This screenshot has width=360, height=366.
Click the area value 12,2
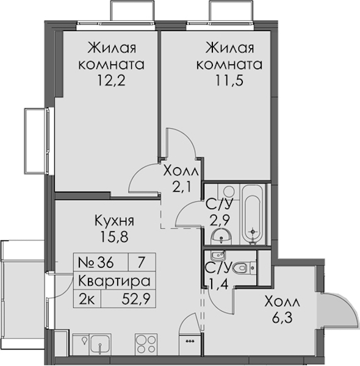(112, 81)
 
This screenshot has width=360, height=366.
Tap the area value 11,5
(229, 81)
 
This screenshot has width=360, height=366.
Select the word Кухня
(114, 221)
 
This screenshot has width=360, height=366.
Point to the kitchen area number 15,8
(114, 237)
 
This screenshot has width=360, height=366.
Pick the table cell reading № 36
(96, 262)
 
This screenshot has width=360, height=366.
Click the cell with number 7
(141, 262)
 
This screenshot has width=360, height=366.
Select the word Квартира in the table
(114, 281)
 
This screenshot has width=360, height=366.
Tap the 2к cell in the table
(87, 300)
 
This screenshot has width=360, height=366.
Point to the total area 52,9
(135, 300)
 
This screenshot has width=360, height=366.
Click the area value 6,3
(283, 318)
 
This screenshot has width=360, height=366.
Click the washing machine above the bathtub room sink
(229, 192)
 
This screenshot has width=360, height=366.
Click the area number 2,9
(220, 220)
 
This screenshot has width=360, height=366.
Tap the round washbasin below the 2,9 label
(221, 237)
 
